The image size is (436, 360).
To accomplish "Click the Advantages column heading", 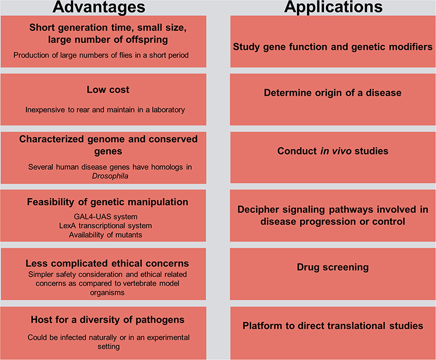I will coord(104,7).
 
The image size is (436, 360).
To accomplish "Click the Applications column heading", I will coord(333,7).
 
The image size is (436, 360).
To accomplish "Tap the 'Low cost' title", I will coord(108,90).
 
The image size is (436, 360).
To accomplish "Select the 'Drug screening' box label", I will coord(333,267).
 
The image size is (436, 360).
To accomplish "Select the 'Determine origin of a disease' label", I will coord(333,93).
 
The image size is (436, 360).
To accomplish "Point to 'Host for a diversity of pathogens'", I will coord(108,320).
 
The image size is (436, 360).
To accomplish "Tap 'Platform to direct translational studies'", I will coord(333,326).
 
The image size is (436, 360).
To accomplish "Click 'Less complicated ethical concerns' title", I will coord(107,263).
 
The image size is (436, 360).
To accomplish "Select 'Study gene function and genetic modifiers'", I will coord(333,47).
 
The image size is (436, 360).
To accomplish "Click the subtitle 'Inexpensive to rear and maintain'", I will coord(105,109).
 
